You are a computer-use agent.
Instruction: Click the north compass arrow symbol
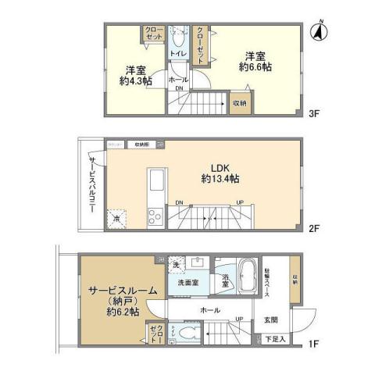pyautogui.click(x=319, y=32)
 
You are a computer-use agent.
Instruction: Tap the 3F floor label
pyautogui.click(x=314, y=114)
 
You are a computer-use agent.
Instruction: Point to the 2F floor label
pyautogui.click(x=314, y=230)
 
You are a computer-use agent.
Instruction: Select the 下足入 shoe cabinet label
pyautogui.click(x=273, y=341)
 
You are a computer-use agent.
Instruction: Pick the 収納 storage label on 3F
pyautogui.click(x=238, y=102)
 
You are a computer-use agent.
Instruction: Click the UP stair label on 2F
pyautogui.click(x=239, y=202)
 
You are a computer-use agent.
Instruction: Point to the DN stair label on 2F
pyautogui.click(x=180, y=202)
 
